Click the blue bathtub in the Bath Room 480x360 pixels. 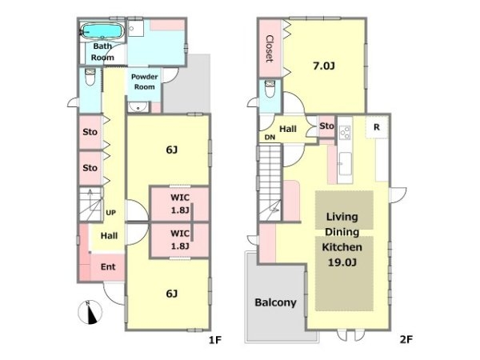(x=102, y=31)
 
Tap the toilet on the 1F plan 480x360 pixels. (x=90, y=77)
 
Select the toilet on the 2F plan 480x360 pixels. (x=270, y=89)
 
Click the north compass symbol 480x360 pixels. (x=90, y=312)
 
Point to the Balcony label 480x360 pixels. (x=275, y=302)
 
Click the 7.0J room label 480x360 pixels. (x=323, y=66)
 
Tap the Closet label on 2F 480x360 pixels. (x=270, y=49)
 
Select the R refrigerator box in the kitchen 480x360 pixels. (x=377, y=127)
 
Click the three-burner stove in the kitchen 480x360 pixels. (x=345, y=132)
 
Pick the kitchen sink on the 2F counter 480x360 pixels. (x=345, y=164)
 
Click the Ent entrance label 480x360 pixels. (x=108, y=266)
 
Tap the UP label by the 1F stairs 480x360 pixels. (x=111, y=213)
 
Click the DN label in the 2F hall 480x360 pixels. (x=270, y=138)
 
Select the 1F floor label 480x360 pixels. (x=215, y=340)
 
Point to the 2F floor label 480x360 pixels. (x=406, y=339)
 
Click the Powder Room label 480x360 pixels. (x=145, y=82)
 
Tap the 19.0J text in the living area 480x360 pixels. (x=342, y=262)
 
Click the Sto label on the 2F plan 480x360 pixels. (x=326, y=126)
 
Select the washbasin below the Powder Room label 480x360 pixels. (x=138, y=107)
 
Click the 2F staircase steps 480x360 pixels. (x=270, y=182)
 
